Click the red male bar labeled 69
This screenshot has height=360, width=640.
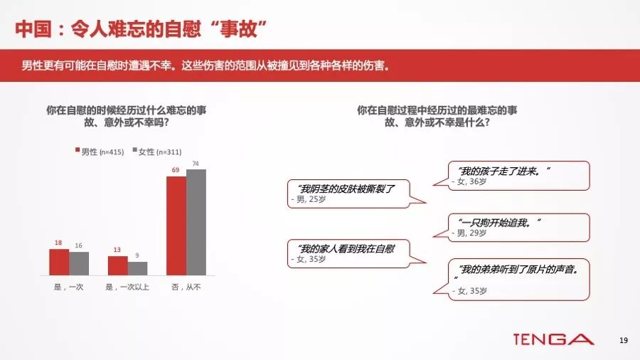[176, 226]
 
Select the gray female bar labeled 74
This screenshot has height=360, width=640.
[196, 223]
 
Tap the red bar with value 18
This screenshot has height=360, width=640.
[59, 262]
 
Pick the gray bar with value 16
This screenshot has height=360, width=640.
[79, 264]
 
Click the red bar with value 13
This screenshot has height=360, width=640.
[118, 265]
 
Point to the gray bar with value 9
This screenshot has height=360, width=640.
[137, 268]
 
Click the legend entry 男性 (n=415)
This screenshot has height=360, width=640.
[100, 152]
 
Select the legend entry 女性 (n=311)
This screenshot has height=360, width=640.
[157, 152]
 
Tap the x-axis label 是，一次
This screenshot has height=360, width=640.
[68, 287]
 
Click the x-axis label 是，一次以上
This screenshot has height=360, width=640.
[127, 287]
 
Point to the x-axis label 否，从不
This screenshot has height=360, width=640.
[186, 287]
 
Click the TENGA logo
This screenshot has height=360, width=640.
[553, 339]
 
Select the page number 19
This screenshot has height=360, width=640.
[623, 340]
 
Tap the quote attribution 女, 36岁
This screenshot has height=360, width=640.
[469, 181]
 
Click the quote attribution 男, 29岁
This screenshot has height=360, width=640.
[469, 233]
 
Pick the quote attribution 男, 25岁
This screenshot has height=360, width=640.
[309, 200]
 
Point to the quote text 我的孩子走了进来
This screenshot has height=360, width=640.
[503, 171]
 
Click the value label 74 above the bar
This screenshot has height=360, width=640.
[196, 164]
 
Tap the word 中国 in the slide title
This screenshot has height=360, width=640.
[33, 29]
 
